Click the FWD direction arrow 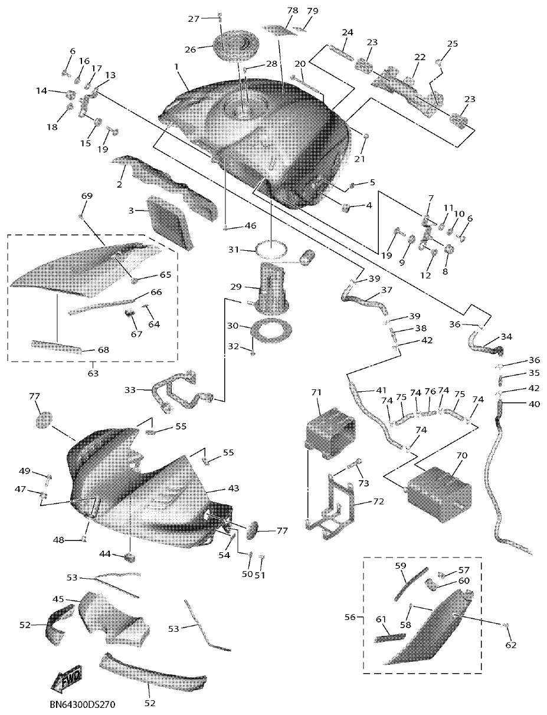[x=67, y=679]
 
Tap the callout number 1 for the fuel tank [x=176, y=68]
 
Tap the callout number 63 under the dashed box [x=93, y=373]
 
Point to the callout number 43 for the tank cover [x=234, y=489]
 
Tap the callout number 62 [x=510, y=645]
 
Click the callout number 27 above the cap [x=194, y=18]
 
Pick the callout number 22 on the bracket [x=420, y=57]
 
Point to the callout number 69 [x=87, y=195]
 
